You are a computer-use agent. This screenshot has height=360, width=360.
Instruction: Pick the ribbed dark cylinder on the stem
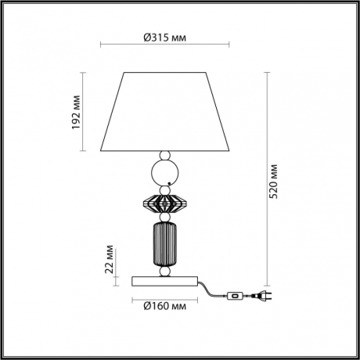tap(165, 246)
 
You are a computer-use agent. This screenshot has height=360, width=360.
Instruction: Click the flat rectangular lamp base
tap(165, 280)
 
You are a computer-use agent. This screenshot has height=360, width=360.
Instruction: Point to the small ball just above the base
tap(165, 272)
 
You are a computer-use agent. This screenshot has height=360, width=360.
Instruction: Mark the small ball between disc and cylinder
tap(165, 219)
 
